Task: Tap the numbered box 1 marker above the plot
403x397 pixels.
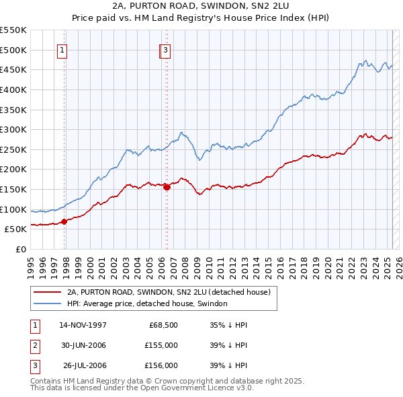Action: pyautogui.click(x=62, y=49)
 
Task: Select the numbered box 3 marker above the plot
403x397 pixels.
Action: pyautogui.click(x=165, y=49)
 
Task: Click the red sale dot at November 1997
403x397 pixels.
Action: pyautogui.click(x=64, y=221)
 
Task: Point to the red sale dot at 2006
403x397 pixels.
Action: pyautogui.click(x=167, y=187)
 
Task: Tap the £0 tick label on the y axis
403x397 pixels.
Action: pyautogui.click(x=21, y=249)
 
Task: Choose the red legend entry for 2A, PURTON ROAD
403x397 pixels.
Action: pyautogui.click(x=168, y=292)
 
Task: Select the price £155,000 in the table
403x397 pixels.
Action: pyautogui.click(x=161, y=345)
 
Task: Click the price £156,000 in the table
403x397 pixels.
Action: pyautogui.click(x=161, y=365)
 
